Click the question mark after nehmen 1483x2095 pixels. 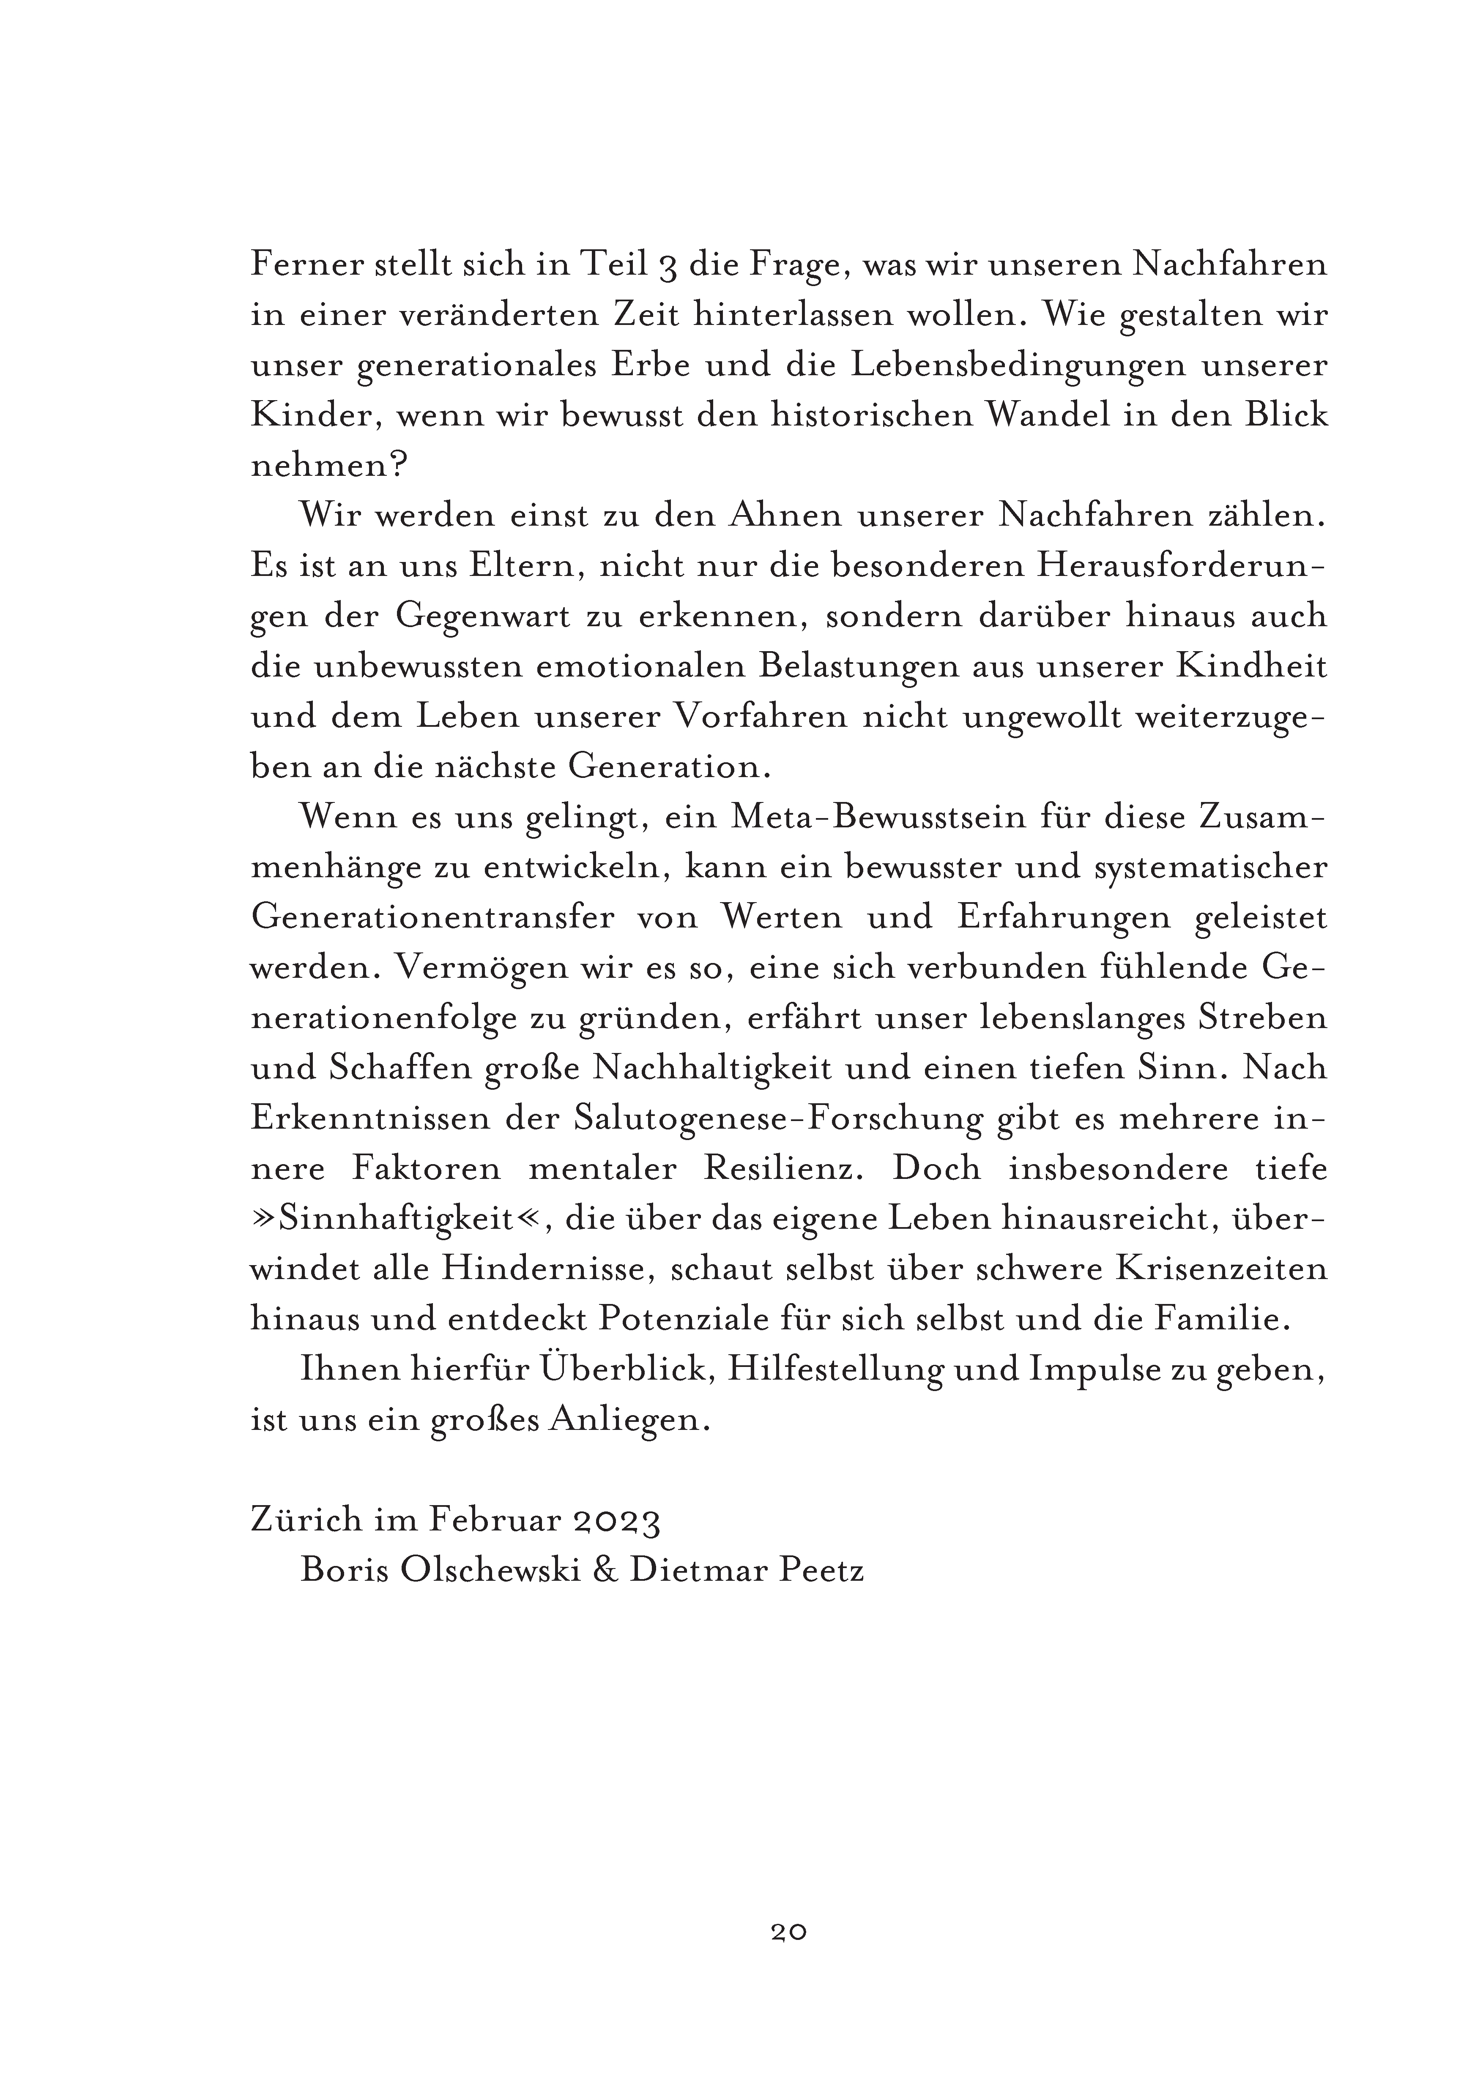pos(397,466)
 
